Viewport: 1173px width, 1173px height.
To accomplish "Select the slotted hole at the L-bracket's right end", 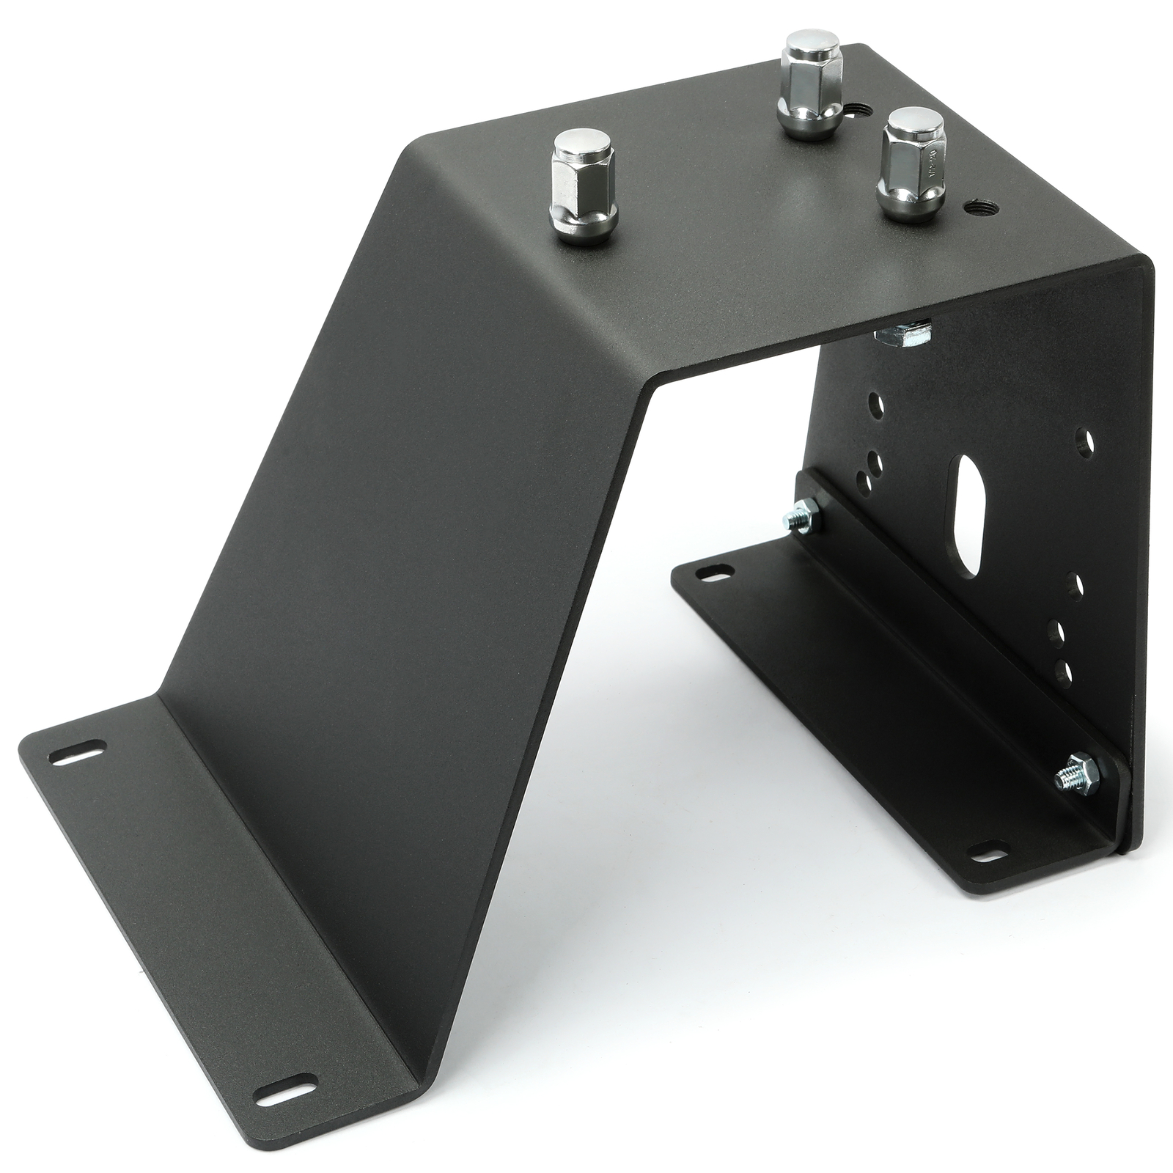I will [x=981, y=853].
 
